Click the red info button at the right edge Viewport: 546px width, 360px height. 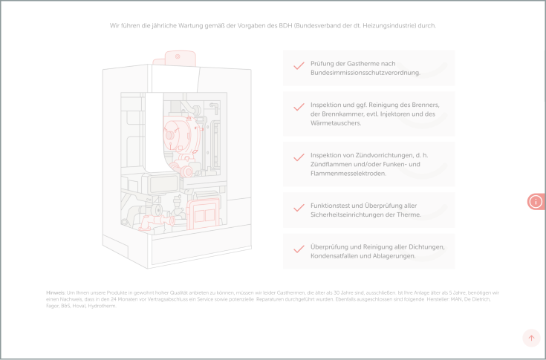(536, 201)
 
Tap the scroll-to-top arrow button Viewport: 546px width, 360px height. (530, 338)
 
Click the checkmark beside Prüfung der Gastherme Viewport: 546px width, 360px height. (299, 65)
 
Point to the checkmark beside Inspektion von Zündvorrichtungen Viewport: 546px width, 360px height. (299, 157)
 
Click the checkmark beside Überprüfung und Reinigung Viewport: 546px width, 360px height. (299, 249)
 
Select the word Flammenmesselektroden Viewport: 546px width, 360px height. (348, 173)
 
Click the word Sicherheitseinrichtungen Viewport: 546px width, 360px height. (348, 215)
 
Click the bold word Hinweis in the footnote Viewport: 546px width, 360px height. (55, 293)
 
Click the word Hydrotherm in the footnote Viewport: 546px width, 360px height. (103, 305)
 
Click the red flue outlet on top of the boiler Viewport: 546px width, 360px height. (179, 58)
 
